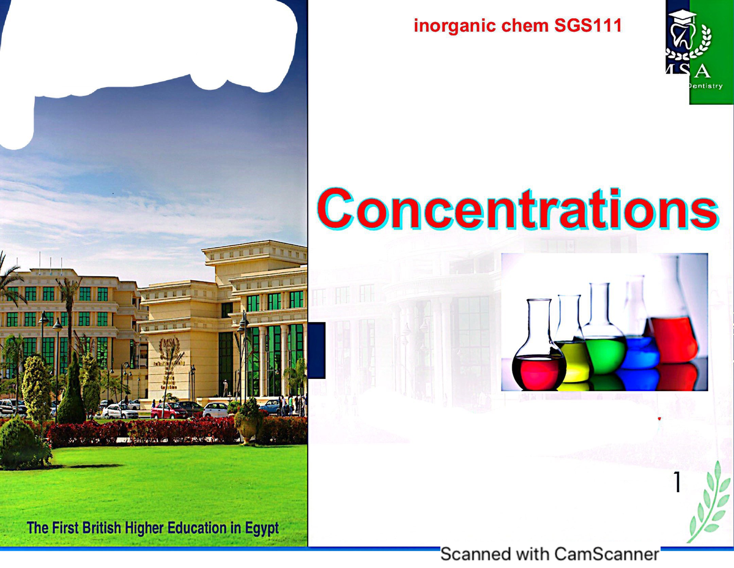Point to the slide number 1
pyautogui.click(x=677, y=484)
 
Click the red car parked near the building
pyautogui.click(x=168, y=410)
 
